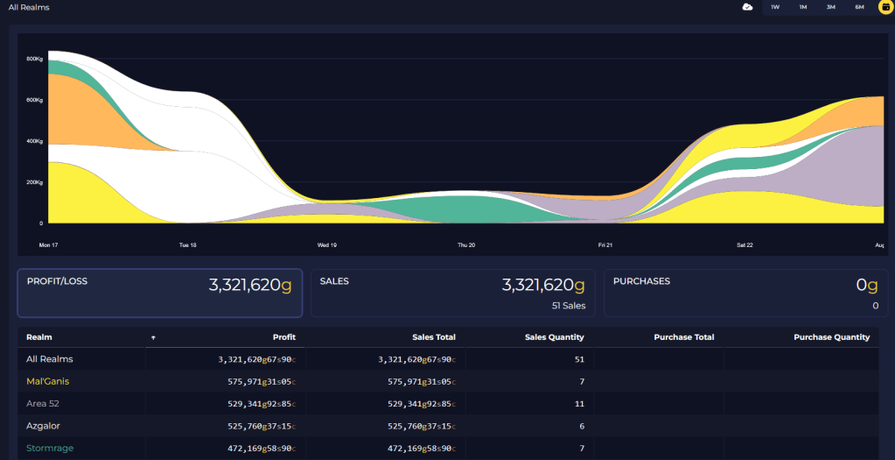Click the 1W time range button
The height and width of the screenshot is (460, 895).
tap(775, 7)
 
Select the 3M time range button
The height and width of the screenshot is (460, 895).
tap(831, 7)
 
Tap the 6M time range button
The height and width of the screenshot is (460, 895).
tap(860, 7)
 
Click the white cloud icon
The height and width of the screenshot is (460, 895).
tap(747, 7)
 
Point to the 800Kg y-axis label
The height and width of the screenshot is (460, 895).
tap(35, 59)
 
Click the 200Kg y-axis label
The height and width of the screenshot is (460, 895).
tap(35, 182)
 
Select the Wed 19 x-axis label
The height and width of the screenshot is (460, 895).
tap(327, 245)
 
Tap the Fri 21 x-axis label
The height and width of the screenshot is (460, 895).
tap(605, 245)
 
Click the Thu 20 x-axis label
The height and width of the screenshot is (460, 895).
tap(466, 245)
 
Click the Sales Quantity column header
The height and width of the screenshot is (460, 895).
tap(555, 337)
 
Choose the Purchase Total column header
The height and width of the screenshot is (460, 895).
tap(684, 337)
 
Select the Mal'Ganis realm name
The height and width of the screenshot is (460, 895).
tap(48, 381)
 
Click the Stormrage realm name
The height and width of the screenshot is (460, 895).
tap(50, 448)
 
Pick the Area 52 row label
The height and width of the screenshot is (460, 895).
tap(43, 403)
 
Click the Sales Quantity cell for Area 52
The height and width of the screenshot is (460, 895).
tap(579, 404)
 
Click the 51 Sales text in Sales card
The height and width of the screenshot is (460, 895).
tap(569, 306)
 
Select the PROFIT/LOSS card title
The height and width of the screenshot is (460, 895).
tap(57, 281)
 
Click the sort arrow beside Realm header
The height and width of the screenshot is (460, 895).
tap(153, 337)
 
